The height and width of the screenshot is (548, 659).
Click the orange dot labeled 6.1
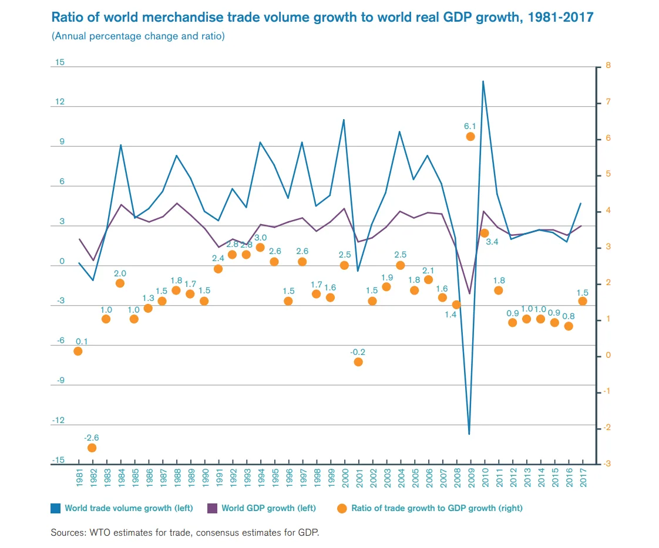point(470,137)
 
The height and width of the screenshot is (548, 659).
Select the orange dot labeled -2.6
point(92,448)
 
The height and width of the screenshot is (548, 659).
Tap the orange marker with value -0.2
point(358,362)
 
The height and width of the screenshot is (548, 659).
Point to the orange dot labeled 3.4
point(485,233)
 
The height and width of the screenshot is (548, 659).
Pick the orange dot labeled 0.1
point(78,351)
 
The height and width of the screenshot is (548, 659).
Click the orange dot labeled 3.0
point(260,248)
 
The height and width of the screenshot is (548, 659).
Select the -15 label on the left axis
point(58,460)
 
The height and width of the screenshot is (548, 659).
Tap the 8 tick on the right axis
point(608,66)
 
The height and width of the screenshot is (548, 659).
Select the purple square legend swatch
point(213,508)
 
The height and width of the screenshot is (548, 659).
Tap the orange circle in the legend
point(342,508)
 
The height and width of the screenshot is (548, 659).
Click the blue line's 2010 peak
point(483,81)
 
